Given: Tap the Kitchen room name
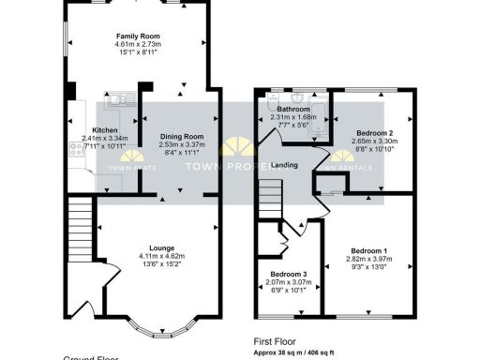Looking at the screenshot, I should pos(104,130).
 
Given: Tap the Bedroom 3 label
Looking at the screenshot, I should pos(288,272).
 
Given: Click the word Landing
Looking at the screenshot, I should pos(285,166).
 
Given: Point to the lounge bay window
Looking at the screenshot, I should pos(156,329).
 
